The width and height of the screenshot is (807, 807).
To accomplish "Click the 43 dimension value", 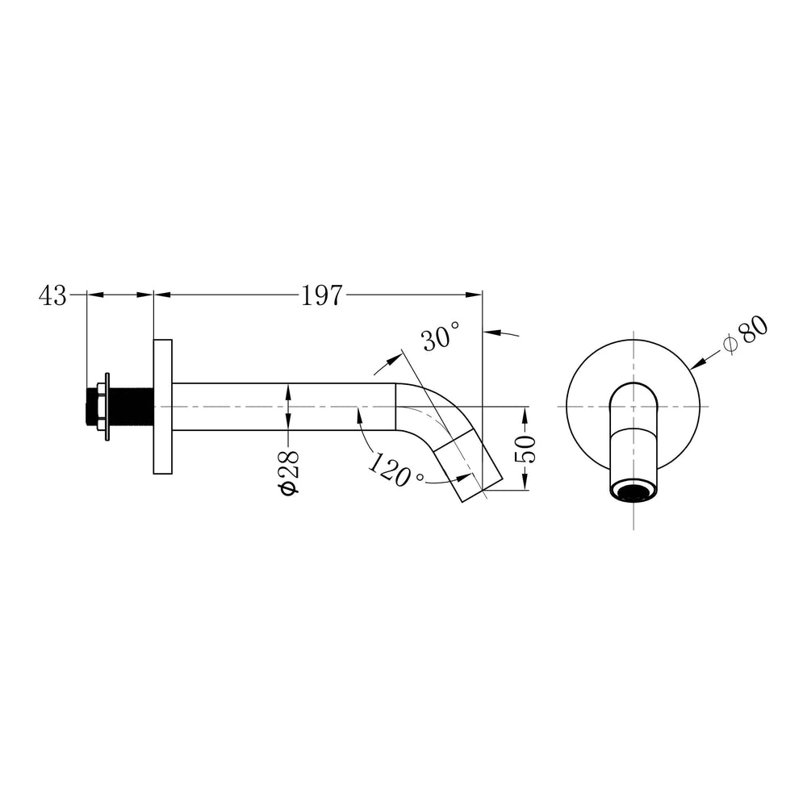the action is (x=52, y=296).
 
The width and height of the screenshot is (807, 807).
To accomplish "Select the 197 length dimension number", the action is (x=322, y=296).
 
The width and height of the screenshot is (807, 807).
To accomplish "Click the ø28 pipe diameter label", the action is (x=289, y=473).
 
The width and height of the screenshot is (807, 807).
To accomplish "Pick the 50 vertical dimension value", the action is (x=526, y=449).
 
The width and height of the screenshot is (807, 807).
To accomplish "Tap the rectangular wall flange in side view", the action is (x=163, y=407).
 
